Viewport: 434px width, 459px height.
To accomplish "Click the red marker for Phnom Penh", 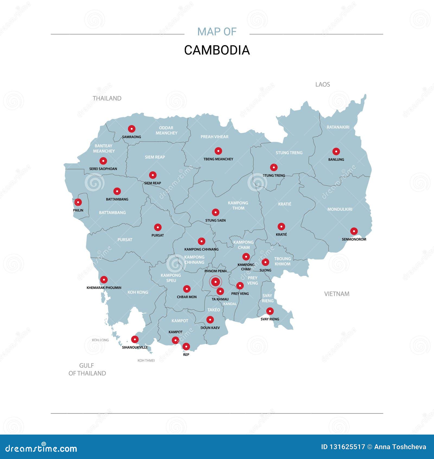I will pos(215,282).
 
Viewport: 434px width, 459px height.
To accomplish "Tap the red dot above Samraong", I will pos(132,129).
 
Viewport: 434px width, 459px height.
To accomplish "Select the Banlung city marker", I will pos(336,152).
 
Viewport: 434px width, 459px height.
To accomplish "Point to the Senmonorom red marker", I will pos(354,231).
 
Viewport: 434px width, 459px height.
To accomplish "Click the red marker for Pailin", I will pos(78,202).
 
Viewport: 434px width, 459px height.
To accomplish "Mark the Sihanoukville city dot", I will pos(135,339).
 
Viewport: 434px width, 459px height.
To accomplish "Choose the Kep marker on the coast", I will pos(186,347).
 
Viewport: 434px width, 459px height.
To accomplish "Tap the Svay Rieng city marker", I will pos(270,311).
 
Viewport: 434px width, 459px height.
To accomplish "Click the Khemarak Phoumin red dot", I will pos(104,280).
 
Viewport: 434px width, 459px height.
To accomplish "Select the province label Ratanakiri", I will pos(338,127).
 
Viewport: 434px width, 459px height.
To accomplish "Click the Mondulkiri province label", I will pos(340,209).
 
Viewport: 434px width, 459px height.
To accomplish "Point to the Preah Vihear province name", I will pos(214,137).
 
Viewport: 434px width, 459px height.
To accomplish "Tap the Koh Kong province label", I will pos(138,292).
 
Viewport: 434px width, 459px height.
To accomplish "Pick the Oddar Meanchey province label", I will pos(166,130).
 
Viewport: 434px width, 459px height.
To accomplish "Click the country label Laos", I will pos(323,84).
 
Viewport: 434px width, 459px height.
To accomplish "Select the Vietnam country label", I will pos(337,294).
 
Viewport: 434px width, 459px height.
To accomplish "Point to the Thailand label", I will pos(107,98).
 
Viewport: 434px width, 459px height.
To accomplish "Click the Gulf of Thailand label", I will pos(87,369).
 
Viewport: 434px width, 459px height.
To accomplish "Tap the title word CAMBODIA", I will pos(217,50).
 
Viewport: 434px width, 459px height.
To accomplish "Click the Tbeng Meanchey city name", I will pos(218,159).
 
